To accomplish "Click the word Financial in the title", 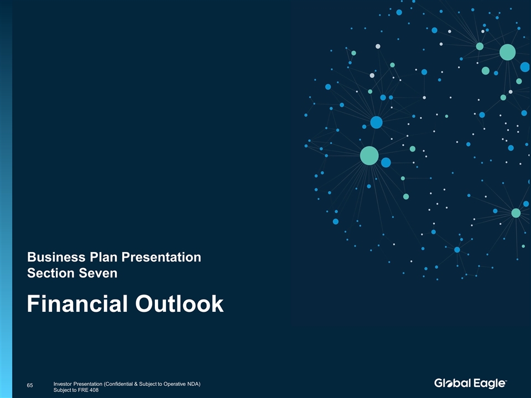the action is [x=77, y=303].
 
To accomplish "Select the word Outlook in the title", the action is [x=179, y=303].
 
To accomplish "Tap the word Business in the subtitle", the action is [x=56, y=257].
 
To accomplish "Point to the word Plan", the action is [x=103, y=257].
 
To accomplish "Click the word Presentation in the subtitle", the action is [x=161, y=257].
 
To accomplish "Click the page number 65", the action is [x=30, y=385].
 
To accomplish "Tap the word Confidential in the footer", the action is [x=118, y=384].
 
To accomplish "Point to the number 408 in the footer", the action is [x=94, y=390].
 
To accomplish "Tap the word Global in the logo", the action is [x=452, y=383].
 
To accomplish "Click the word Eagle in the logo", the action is [x=489, y=384].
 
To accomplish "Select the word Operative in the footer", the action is [x=175, y=384].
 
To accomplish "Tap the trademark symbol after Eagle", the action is [x=506, y=380].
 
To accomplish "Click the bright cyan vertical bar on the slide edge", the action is [x=6, y=199].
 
